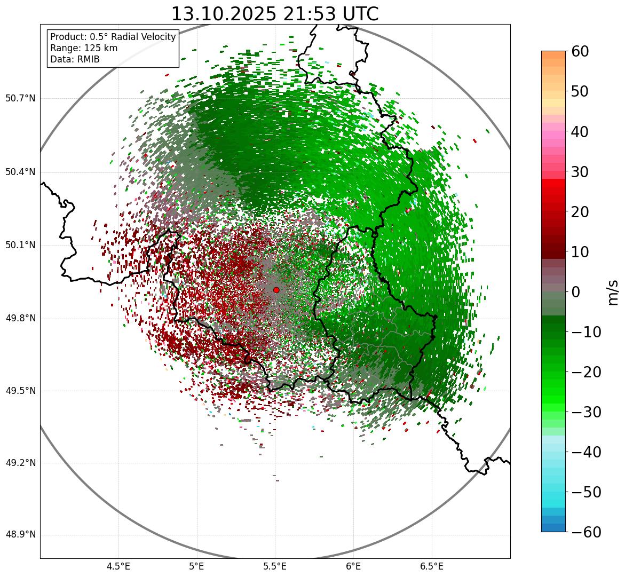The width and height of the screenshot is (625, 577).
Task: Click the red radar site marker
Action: click(276, 290)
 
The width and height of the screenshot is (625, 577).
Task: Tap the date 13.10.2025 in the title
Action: click(224, 14)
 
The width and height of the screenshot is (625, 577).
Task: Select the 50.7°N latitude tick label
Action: click(20, 99)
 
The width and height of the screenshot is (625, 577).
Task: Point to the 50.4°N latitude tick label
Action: click(20, 172)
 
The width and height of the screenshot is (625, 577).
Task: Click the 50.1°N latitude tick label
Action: click(20, 246)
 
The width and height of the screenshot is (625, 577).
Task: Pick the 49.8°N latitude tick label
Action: click(20, 319)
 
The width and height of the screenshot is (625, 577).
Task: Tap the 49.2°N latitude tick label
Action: click(20, 463)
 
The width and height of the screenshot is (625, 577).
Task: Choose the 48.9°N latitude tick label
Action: click(20, 535)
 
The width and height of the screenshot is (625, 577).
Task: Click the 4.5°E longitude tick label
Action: click(118, 566)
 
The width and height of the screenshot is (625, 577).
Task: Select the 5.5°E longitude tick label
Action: click(275, 566)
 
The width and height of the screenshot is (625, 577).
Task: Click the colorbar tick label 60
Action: click(580, 51)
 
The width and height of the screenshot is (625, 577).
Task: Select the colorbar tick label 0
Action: click(576, 292)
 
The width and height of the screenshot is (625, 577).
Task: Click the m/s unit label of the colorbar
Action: click(612, 292)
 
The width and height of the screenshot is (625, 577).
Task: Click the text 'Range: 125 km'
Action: click(84, 48)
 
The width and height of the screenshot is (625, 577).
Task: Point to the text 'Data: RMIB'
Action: click(75, 59)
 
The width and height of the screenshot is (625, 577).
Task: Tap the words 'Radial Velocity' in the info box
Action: click(144, 37)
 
